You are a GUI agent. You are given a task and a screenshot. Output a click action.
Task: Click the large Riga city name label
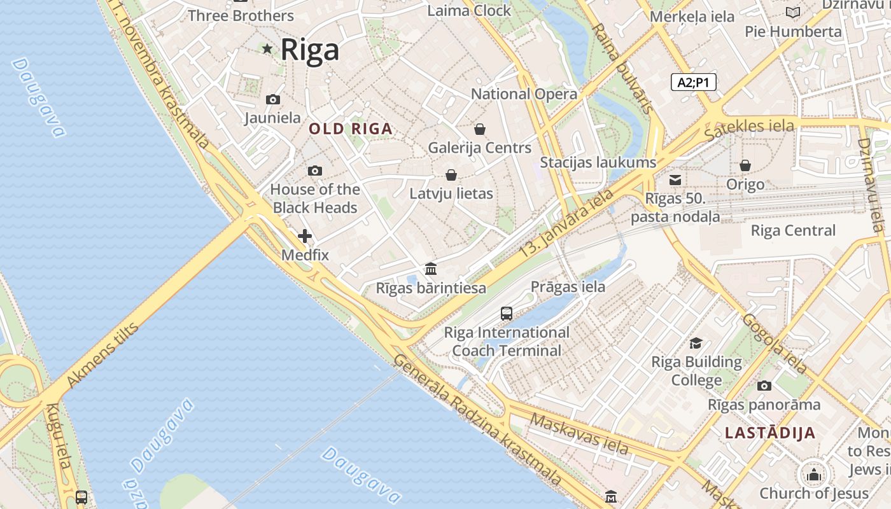tap(310, 50)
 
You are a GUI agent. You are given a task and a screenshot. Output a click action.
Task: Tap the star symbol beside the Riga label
tap(267, 48)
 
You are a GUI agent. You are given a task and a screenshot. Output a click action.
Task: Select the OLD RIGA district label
tap(351, 129)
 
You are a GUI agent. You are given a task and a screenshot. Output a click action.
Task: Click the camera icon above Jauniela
tap(272, 99)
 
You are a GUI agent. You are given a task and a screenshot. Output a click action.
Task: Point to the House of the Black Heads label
tap(315, 199)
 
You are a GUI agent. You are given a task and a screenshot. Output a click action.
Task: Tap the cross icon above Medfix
tap(305, 236)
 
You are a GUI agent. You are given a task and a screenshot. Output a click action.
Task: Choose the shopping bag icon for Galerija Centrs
tap(480, 129)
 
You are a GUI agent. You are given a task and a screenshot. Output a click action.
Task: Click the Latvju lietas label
tap(451, 193)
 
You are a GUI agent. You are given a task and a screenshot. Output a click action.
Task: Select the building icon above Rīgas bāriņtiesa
tap(431, 268)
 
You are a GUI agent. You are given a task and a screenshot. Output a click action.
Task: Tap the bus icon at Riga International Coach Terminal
tap(507, 313)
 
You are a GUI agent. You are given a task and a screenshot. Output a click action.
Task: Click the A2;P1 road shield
tap(694, 82)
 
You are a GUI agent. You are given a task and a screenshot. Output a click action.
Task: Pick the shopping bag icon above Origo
tap(745, 165)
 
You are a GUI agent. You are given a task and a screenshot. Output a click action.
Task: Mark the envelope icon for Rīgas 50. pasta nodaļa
tap(675, 180)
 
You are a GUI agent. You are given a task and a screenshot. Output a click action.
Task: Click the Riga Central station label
tap(793, 230)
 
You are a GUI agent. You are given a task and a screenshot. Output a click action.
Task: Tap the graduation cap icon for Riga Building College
tap(696, 344)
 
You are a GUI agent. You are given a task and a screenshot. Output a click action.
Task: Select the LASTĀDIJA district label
tap(770, 433)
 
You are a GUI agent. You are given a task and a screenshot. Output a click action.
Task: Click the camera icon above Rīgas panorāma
tap(764, 386)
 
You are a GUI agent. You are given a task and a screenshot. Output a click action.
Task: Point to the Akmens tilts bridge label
tap(102, 356)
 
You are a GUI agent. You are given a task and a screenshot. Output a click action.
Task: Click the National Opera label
tap(524, 94)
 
